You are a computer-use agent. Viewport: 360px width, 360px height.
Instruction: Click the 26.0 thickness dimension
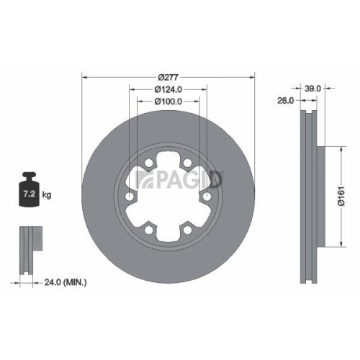(286, 101)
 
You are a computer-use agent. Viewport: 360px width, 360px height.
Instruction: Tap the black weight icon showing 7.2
(30, 191)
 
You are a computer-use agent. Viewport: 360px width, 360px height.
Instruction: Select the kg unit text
(48, 195)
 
